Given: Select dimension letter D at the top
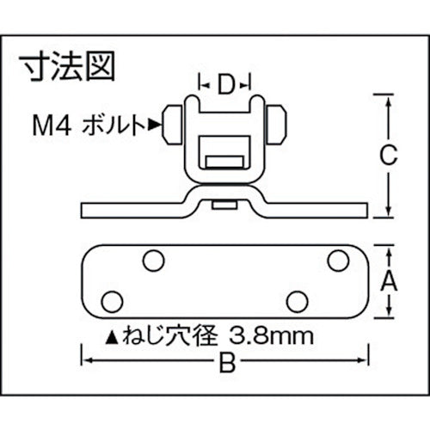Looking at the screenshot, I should point(225,84).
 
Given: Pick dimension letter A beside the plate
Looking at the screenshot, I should point(390,281).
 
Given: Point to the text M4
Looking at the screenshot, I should point(55,126).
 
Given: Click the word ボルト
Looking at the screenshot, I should point(115,126).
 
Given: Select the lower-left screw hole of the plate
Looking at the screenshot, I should point(111,300).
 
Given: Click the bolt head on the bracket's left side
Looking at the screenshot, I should point(171,126).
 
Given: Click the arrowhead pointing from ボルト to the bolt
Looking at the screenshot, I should point(156,126).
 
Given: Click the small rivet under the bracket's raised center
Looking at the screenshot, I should point(225,205).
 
